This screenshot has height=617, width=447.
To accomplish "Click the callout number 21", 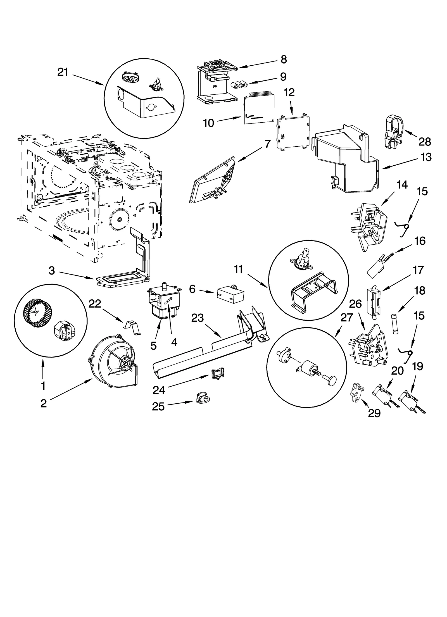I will click(63, 72).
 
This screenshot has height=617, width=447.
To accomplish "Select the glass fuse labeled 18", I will click(394, 325).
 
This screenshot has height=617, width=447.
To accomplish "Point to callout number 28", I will click(424, 142).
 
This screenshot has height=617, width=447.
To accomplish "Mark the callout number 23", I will click(198, 318).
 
